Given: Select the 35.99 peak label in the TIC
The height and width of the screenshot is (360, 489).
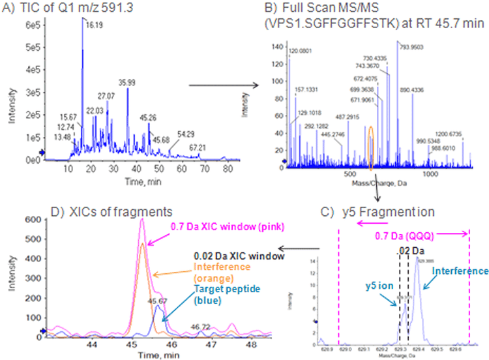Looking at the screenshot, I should [x=127, y=83].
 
